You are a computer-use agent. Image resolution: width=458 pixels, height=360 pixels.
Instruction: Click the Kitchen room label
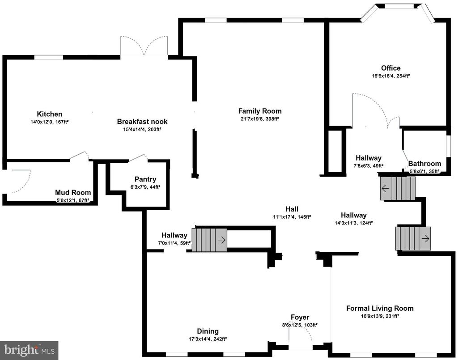[50, 114]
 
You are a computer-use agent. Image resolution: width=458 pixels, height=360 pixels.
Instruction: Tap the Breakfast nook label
[139, 122]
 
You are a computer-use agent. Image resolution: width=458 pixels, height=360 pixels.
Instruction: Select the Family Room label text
[260, 111]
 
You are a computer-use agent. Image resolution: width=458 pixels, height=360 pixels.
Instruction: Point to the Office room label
[390, 68]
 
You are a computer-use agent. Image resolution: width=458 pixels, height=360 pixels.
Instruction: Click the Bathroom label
[424, 164]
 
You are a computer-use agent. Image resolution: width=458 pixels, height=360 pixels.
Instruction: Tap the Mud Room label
[73, 192]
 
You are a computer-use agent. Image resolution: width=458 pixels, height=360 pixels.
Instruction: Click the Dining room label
[208, 331]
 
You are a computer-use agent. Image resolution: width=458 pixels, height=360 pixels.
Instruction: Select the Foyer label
[299, 318]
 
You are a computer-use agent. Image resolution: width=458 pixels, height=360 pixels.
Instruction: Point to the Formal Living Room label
[380, 308]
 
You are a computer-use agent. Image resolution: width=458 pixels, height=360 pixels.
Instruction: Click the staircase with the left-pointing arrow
[398, 188]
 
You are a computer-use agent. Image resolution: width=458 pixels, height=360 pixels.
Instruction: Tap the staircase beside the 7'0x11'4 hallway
[209, 239]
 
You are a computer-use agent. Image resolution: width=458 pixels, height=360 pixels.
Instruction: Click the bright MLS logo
[29, 350]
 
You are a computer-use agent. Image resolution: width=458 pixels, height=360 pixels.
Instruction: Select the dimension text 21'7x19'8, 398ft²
[260, 119]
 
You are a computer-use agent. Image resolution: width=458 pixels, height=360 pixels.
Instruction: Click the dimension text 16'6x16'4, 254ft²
[390, 76]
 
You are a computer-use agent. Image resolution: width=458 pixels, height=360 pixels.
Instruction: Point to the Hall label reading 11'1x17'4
[292, 209]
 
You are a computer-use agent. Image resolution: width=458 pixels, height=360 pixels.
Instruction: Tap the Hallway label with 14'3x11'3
[353, 215]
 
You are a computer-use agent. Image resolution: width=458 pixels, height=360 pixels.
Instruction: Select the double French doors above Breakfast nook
[144, 47]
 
